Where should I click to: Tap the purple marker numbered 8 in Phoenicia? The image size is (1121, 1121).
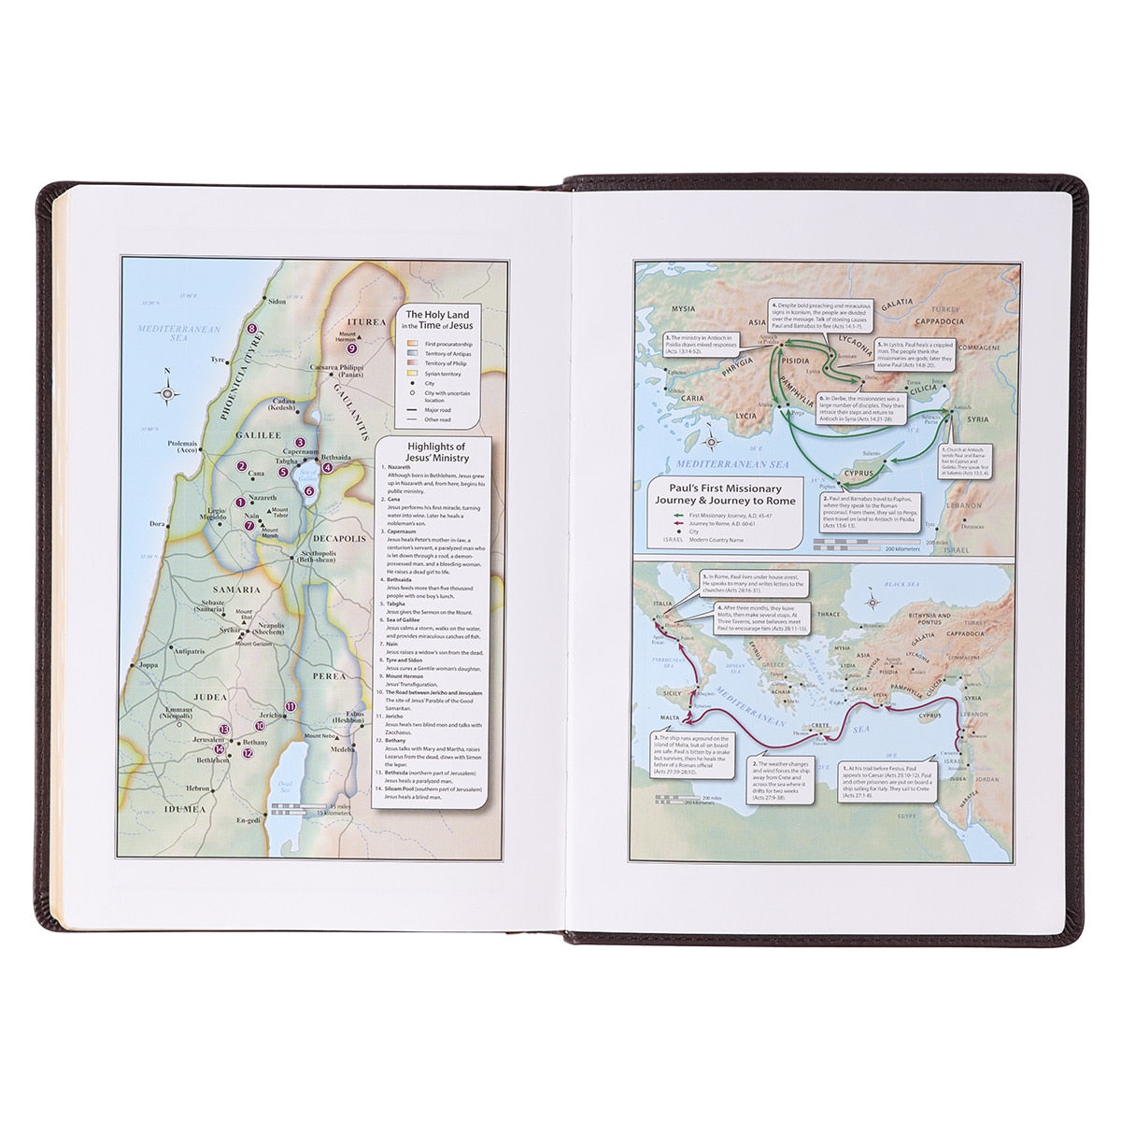(x=252, y=329)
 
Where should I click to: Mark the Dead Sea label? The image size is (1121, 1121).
(x=286, y=789)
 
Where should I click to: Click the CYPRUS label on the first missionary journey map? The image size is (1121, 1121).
(x=858, y=472)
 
